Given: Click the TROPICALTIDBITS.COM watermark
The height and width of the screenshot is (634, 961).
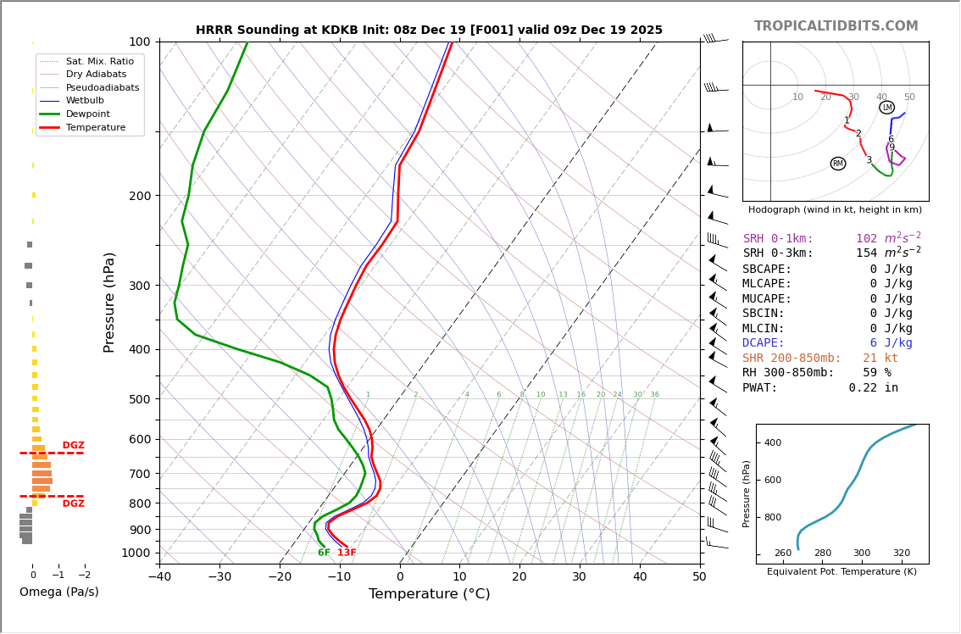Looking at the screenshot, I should coord(836,26).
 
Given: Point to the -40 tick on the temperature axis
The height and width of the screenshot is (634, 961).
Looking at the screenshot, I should coord(159,577).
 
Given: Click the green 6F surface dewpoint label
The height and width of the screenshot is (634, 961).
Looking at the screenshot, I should coord(324,553).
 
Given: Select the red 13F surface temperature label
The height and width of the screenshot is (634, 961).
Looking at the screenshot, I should coord(347,553).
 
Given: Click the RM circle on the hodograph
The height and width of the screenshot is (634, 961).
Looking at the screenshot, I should coord(838,164).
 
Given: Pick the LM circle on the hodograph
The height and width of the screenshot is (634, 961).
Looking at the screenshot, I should coord(887,108).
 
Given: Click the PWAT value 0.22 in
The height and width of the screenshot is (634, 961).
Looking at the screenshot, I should coord(874,388).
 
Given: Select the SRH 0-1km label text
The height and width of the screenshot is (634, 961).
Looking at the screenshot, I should coord(778,239).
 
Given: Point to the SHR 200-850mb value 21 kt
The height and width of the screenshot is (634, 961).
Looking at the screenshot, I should coord(880,359).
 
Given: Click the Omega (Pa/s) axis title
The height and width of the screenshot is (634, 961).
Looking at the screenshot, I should coord(59,592).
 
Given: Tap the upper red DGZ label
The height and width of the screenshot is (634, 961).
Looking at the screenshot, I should coord(74,446).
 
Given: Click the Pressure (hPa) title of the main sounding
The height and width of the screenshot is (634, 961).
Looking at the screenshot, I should coord(109,302).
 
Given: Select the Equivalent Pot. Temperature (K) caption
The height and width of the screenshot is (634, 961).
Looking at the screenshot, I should coord(842,572).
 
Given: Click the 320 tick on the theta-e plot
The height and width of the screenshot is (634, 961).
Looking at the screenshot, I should coord(901,553).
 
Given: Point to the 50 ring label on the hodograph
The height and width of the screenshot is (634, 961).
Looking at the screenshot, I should coord(909,97).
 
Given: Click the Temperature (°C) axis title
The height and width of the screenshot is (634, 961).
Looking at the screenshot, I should coord(429,595).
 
